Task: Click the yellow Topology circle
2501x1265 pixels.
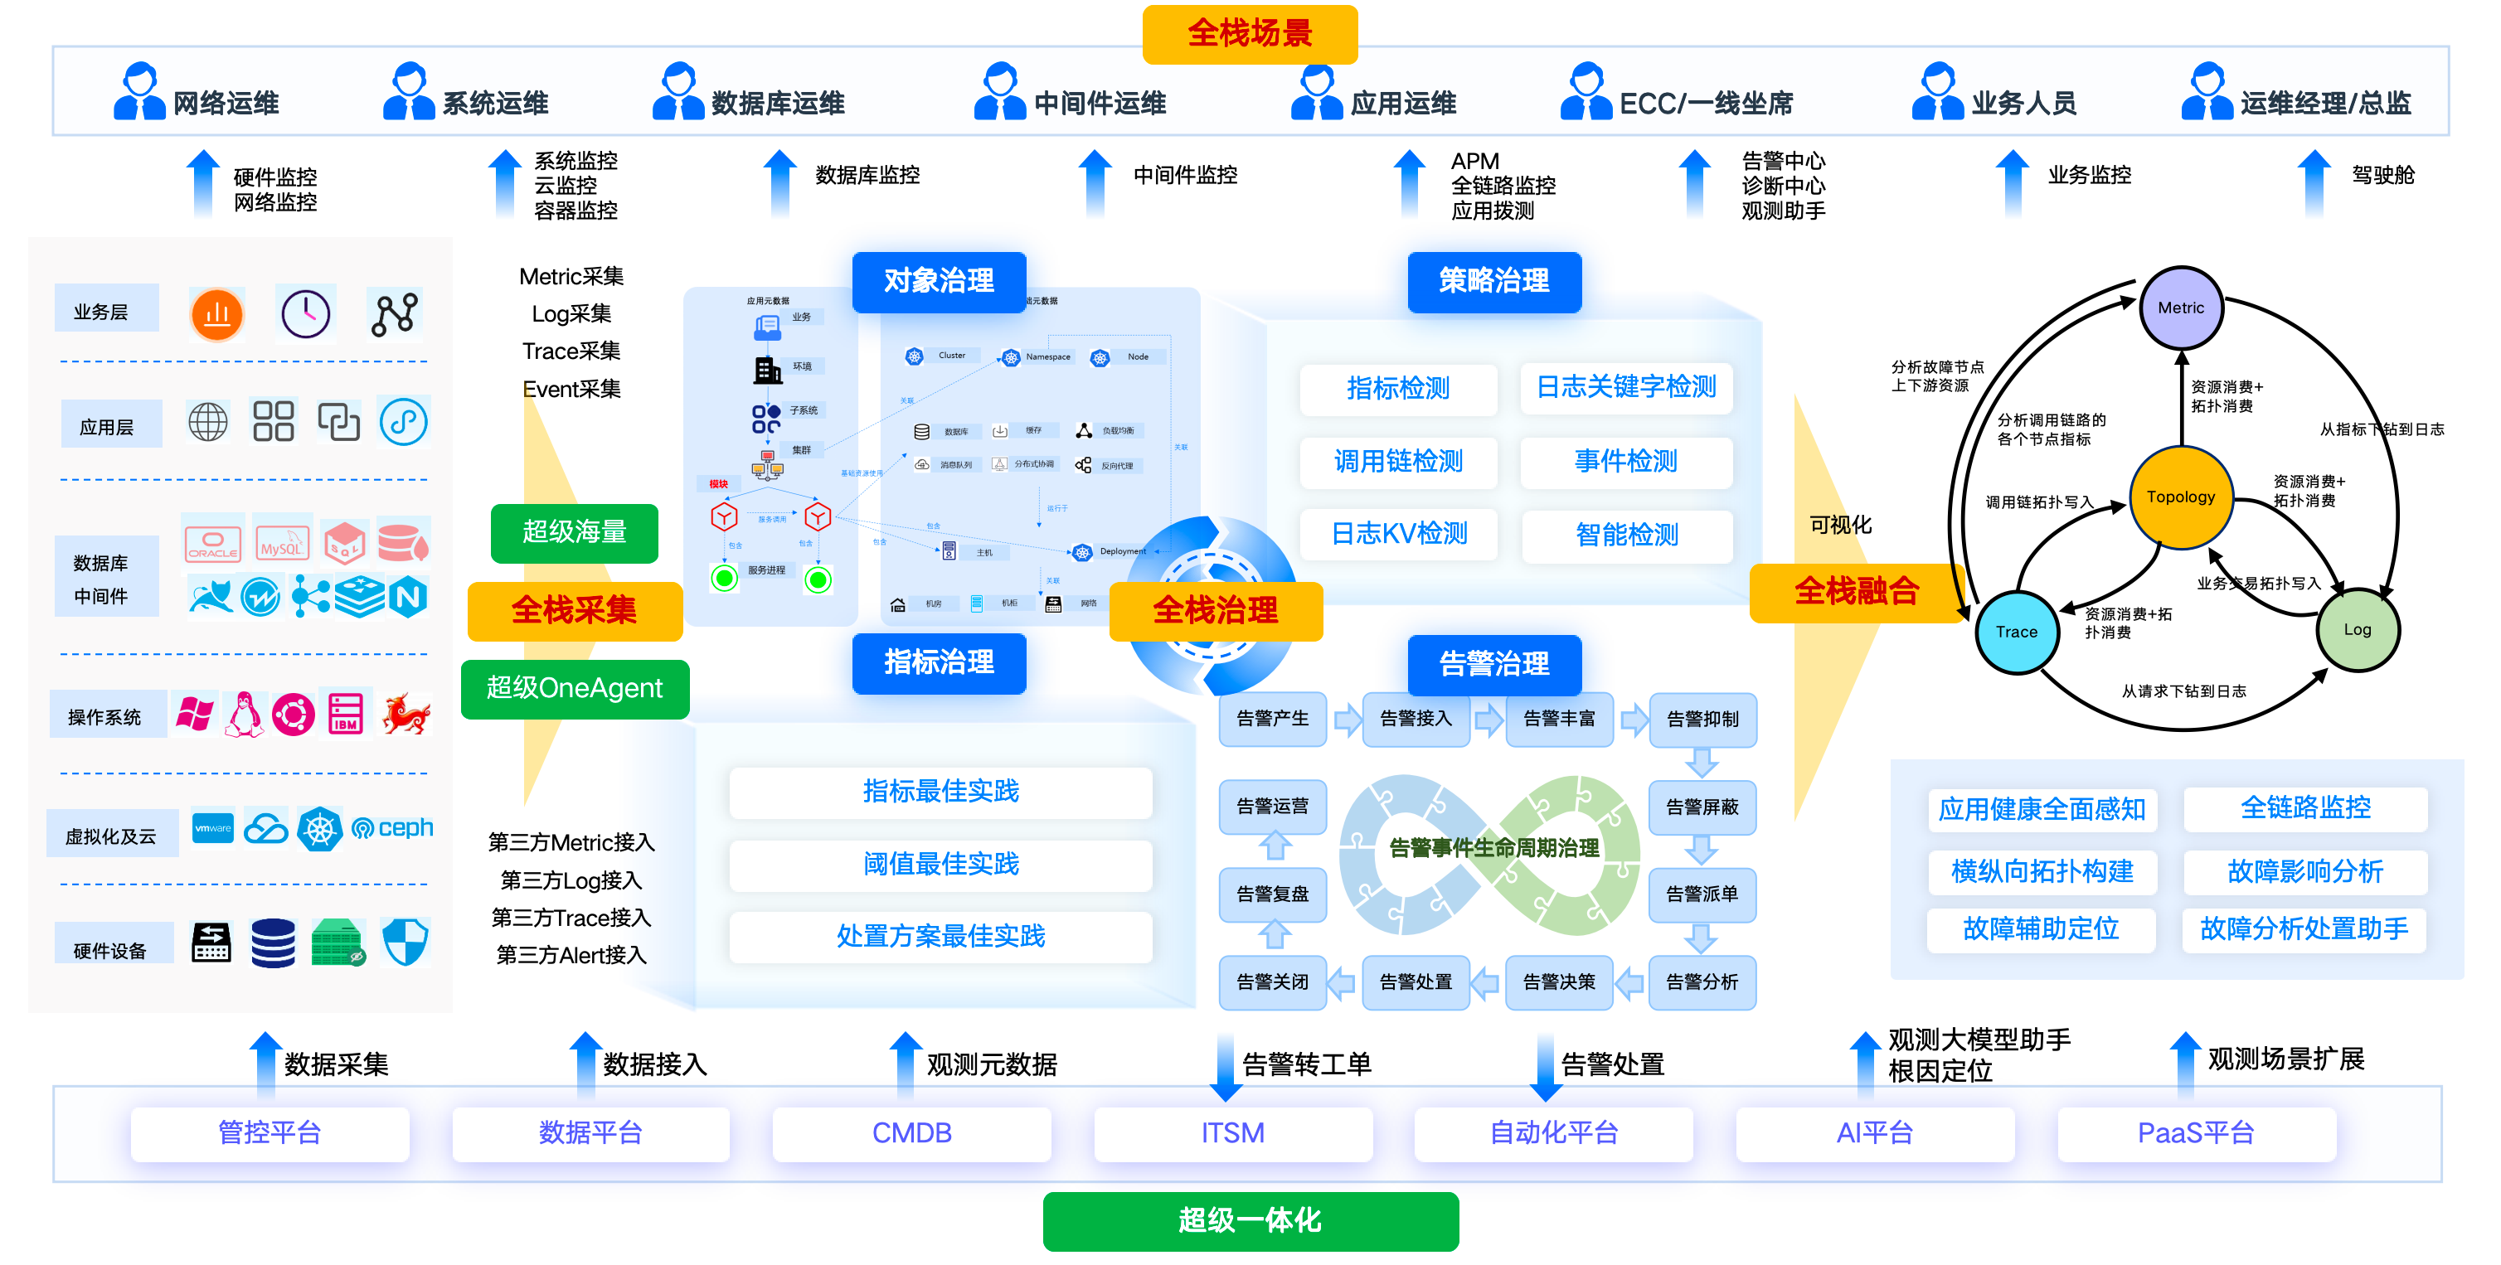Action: click(x=2181, y=497)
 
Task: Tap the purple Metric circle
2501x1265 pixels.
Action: click(x=2181, y=308)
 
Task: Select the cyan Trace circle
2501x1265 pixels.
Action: click(x=2017, y=631)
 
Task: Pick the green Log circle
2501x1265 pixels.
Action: click(x=2357, y=629)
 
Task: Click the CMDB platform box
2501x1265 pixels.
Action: click(x=911, y=1133)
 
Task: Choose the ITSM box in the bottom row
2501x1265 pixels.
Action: click(x=1232, y=1133)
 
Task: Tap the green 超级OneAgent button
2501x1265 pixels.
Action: click(x=575, y=688)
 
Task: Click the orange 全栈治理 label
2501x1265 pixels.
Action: click(x=1216, y=611)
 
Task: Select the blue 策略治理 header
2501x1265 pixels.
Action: click(x=1493, y=282)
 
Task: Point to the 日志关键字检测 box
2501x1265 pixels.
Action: click(x=1625, y=387)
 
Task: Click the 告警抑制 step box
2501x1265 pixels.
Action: click(x=1702, y=720)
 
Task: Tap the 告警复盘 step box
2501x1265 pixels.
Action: click(x=1272, y=894)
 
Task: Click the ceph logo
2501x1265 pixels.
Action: click(x=393, y=828)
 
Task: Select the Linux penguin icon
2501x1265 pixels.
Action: click(x=244, y=716)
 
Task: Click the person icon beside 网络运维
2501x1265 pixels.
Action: click(x=138, y=92)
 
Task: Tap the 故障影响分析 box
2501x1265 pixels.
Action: click(x=2304, y=872)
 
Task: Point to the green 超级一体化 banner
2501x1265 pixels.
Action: click(x=1250, y=1220)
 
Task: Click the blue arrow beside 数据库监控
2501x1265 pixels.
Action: click(x=779, y=181)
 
